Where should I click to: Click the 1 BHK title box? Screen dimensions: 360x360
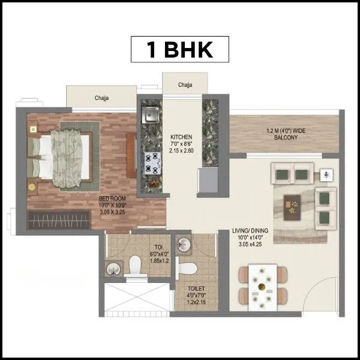point(179,50)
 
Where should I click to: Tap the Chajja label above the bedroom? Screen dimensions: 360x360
point(101,98)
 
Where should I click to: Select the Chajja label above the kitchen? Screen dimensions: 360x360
point(185,85)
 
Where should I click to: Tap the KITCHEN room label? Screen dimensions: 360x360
point(181,136)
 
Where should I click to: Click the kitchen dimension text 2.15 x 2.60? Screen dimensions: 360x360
point(181,151)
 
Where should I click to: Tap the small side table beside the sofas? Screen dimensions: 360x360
point(325,175)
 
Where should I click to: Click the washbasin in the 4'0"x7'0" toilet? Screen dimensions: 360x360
point(184,245)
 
